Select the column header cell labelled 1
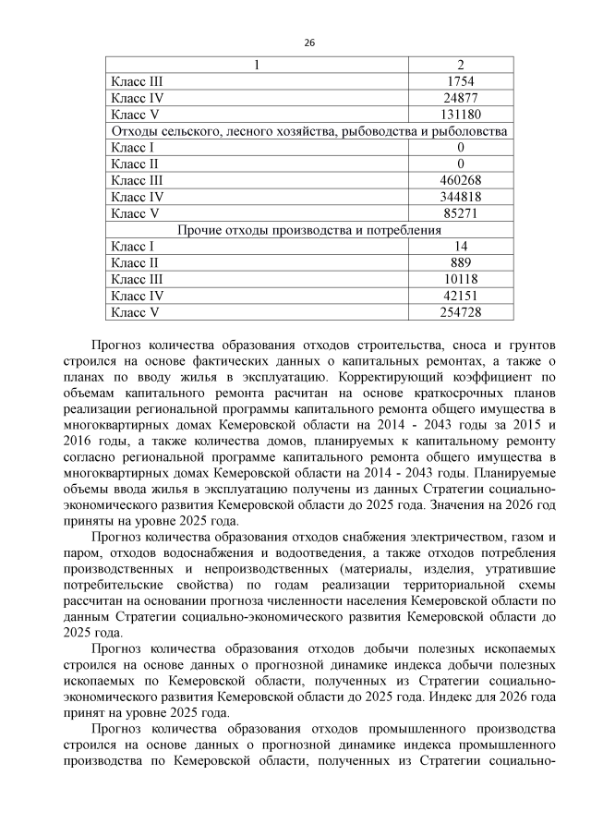tap(257, 65)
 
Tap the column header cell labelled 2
tap(460, 65)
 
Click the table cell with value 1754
tap(460, 81)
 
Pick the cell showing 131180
tap(460, 115)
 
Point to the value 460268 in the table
tap(460, 180)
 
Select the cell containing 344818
tap(460, 197)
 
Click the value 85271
tap(460, 213)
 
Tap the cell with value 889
tap(460, 263)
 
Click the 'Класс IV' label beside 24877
tap(136, 98)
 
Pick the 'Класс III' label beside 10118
tap(137, 280)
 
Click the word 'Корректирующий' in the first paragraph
tap(387, 378)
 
